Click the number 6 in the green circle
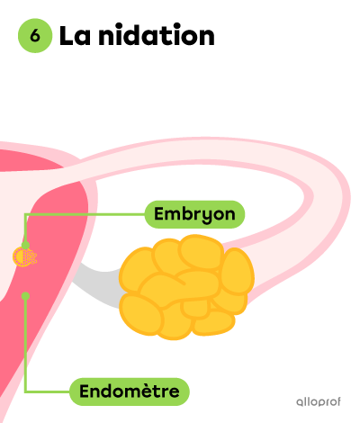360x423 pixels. point(35,36)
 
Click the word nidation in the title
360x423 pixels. point(157,35)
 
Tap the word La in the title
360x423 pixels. point(75,36)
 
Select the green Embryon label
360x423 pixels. point(194,214)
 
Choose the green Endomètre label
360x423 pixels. point(130,391)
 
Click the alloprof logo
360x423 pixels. point(319,401)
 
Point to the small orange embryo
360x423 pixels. point(24,256)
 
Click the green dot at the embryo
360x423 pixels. point(25,245)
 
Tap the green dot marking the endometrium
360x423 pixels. point(25,296)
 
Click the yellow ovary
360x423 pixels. point(186,287)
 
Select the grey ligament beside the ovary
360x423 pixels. point(96,285)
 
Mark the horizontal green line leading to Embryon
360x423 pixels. point(85,214)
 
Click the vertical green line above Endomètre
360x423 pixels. point(25,344)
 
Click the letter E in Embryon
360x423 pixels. point(160,213)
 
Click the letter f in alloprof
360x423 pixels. point(337,400)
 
